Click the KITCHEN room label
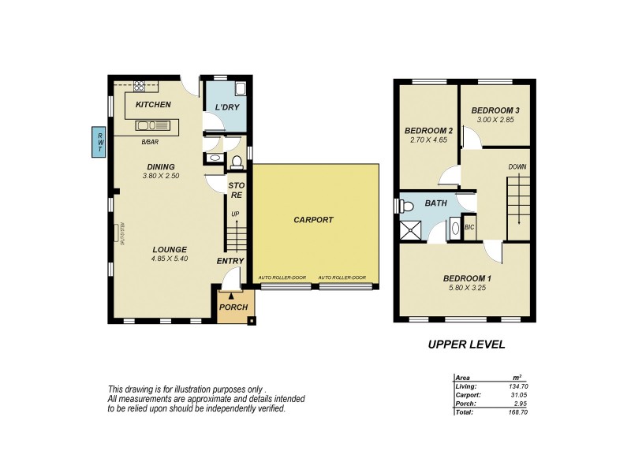point(153,105)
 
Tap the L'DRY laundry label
point(227,107)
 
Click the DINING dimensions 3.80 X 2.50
point(160,176)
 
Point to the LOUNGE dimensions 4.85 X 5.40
point(170,259)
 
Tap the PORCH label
point(233,307)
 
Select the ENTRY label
point(231,261)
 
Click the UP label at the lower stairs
point(234,214)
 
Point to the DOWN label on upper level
point(517,166)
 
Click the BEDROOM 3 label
point(495,110)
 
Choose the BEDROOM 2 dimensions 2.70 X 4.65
point(428,140)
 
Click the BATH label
point(435,203)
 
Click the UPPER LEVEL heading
point(466,344)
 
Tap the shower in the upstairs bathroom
point(410,230)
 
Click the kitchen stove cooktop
point(141,86)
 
